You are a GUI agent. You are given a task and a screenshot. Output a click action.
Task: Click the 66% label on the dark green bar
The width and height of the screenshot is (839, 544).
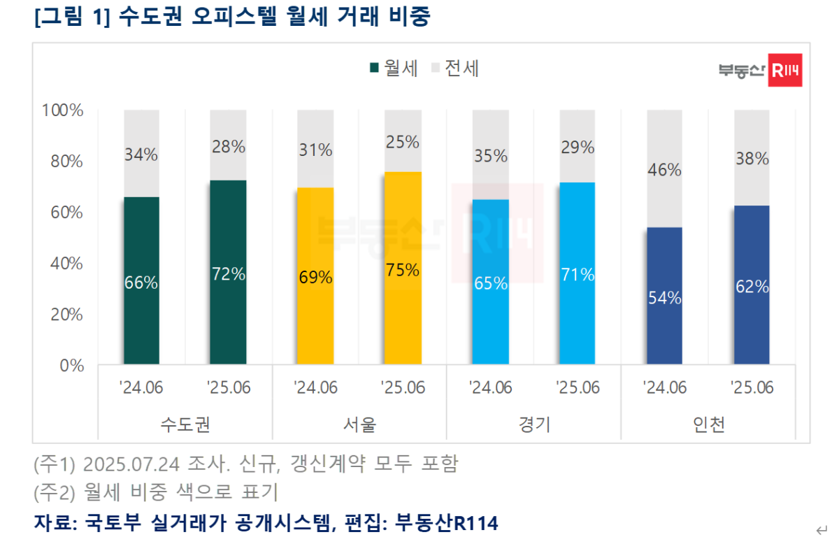point(141,283)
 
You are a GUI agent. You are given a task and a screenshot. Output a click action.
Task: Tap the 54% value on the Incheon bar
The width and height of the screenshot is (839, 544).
point(664,297)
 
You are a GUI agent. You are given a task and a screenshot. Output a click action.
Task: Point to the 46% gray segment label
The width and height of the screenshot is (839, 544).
point(664,170)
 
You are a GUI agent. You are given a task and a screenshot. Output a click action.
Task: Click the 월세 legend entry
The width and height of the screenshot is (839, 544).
point(394,69)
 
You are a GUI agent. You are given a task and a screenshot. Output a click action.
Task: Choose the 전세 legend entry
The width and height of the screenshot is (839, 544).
point(456,69)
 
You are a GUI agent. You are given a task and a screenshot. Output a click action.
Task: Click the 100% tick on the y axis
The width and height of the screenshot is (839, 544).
point(63,110)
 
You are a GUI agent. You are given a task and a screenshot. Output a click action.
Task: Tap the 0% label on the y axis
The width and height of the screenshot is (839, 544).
point(71,366)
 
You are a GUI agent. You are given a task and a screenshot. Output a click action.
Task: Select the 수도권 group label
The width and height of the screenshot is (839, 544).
point(185,424)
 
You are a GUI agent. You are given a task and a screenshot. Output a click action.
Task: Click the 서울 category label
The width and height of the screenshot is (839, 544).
point(359,424)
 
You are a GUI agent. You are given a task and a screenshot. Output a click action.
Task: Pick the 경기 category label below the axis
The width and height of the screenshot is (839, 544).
point(534,424)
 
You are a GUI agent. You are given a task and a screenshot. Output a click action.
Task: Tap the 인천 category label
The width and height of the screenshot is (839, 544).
point(708,424)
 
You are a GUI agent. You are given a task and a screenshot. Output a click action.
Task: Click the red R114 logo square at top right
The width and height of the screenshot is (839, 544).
point(784,70)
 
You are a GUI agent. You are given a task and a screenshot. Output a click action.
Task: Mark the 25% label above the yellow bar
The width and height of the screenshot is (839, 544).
point(403,143)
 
